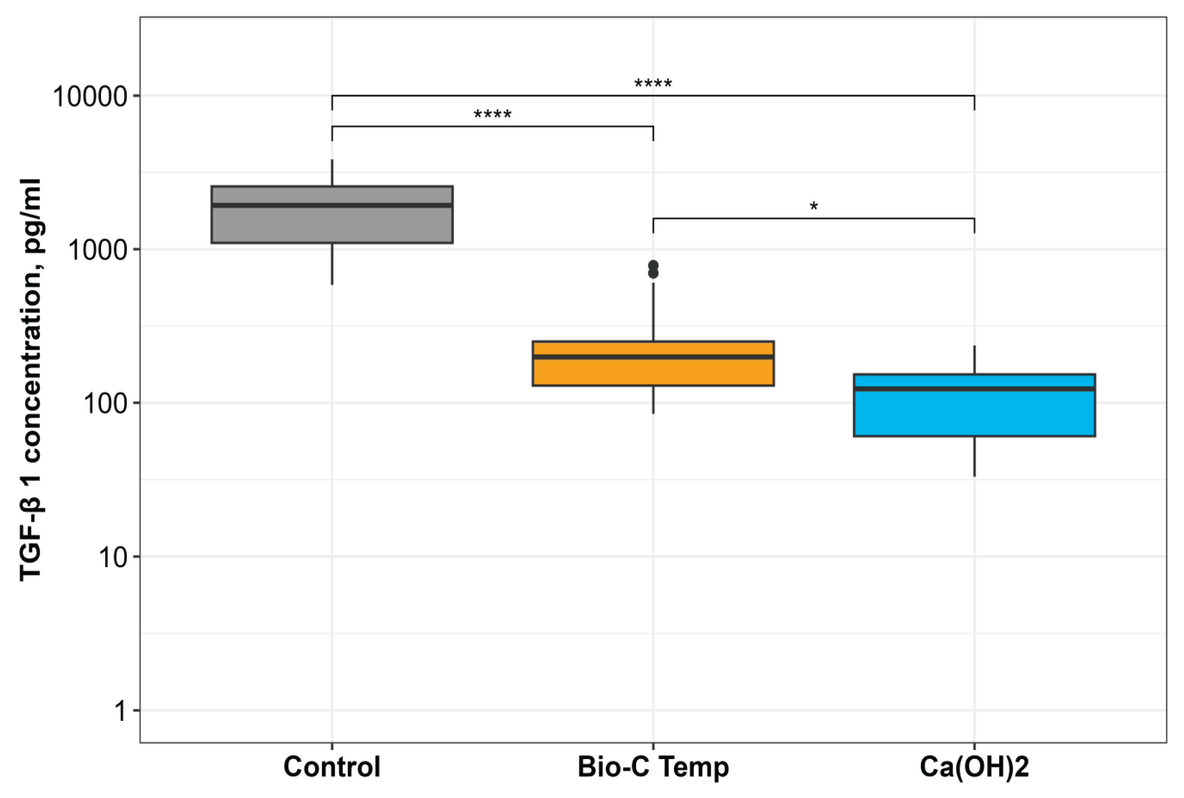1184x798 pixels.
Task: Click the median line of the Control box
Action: coord(332,205)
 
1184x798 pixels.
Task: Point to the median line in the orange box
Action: coord(653,357)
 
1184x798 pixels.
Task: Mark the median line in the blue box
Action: coord(974,388)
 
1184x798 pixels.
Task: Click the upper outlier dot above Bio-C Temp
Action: coord(653,265)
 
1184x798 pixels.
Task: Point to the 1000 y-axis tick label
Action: coord(97,250)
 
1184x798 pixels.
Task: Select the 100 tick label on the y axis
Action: coord(105,404)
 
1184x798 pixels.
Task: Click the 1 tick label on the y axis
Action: coord(120,711)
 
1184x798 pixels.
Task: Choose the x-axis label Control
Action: coord(332,766)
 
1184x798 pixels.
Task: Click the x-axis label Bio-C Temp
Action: coord(653,766)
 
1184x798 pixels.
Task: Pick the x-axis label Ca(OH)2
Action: coord(974,766)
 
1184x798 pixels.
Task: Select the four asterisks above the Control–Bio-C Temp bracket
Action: coord(492,114)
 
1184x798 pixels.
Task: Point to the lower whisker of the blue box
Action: coord(974,456)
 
